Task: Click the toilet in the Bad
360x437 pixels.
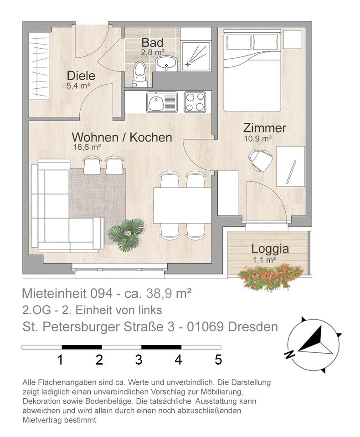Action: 139,74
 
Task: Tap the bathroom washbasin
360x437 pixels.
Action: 166,63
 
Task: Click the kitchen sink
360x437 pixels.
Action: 162,102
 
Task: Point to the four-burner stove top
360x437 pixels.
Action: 195,102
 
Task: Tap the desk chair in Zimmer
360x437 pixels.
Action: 260,159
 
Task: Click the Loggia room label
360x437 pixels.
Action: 270,249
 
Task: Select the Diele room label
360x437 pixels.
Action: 81,76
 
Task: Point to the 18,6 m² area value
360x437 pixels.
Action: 87,147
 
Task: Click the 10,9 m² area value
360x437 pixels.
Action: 258,138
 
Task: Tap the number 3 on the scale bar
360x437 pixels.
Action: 139,360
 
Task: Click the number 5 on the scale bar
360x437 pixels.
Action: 218,360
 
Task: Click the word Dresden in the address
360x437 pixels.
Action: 253,327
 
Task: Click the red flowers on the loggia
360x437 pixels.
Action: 270,276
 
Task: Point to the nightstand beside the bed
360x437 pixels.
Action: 293,40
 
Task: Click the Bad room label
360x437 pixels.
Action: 152,43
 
